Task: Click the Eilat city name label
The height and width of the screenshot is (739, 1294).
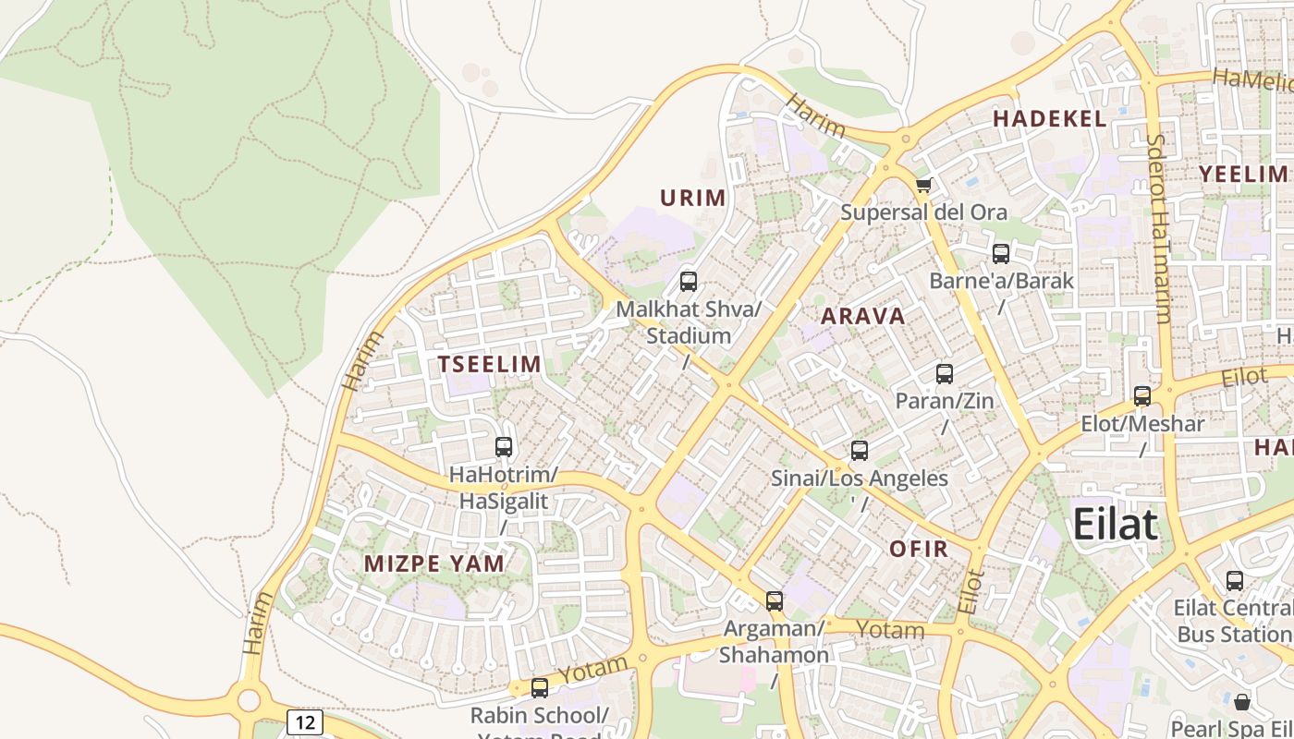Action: [x=1115, y=525]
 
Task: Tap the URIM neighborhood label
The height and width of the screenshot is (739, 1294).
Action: [x=692, y=198]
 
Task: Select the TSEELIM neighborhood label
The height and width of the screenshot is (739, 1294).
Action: [x=490, y=364]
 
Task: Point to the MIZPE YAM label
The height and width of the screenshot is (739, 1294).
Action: [x=434, y=563]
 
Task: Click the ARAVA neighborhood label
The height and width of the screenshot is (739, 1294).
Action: [x=863, y=316]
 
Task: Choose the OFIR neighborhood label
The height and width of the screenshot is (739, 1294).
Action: [x=919, y=549]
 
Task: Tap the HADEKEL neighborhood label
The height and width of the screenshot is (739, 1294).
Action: [x=1049, y=118]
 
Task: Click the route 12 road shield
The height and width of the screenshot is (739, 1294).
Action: [x=304, y=721]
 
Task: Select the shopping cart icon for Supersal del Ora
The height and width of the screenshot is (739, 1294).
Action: [x=923, y=186]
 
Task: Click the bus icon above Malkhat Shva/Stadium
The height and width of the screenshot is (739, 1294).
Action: [x=688, y=282]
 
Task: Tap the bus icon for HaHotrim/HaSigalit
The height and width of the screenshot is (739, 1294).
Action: [x=504, y=447]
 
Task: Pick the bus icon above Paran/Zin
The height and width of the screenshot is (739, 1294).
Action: [x=944, y=374]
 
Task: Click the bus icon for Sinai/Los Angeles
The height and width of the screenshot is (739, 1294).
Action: [x=860, y=451]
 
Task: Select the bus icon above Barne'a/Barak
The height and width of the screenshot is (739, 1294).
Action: [x=1001, y=254]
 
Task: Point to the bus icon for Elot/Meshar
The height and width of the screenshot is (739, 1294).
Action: [x=1142, y=396]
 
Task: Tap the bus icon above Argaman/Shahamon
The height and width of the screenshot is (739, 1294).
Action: [x=775, y=601]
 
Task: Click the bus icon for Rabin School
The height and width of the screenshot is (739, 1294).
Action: [x=540, y=688]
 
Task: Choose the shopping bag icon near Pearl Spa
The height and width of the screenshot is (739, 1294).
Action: [x=1242, y=702]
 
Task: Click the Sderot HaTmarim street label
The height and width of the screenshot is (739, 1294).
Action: [x=1158, y=228]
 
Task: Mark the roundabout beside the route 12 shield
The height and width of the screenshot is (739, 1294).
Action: [x=248, y=699]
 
